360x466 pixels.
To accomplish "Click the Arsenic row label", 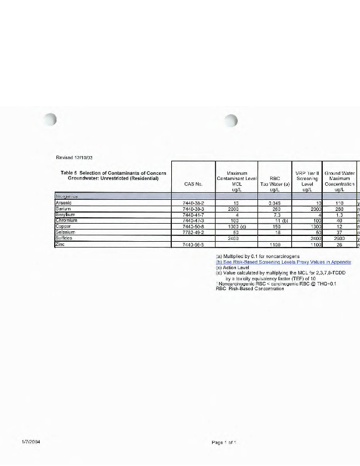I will click(x=63, y=203).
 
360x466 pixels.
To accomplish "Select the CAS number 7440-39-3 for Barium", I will click(x=193, y=209).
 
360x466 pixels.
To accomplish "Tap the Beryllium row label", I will click(x=65, y=214).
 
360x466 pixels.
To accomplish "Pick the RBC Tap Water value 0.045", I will click(x=274, y=203).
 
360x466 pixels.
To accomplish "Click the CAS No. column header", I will click(x=193, y=184).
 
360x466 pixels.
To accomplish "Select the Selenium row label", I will click(x=65, y=232).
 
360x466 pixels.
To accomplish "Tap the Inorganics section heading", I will click(x=66, y=196).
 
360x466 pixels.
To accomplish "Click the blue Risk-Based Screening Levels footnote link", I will click(x=283, y=262).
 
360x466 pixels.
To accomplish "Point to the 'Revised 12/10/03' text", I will click(x=75, y=157).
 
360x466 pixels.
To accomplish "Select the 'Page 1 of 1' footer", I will click(x=224, y=443).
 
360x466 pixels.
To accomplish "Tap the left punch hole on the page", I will click(x=52, y=120).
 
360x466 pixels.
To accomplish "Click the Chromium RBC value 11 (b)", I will click(x=274, y=220).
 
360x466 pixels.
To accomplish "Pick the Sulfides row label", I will click(x=64, y=238).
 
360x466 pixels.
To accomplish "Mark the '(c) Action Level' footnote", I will click(x=232, y=267).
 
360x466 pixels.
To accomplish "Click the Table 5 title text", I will click(x=114, y=175).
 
